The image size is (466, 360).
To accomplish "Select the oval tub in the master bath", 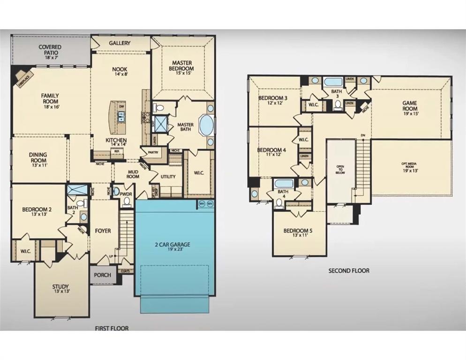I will pos(206,125).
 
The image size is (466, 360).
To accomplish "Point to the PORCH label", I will pos(103,275).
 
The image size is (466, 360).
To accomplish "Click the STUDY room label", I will pos(60,286).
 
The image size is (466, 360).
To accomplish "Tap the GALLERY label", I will pos(120,43).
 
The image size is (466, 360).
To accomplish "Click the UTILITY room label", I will pos(168,177).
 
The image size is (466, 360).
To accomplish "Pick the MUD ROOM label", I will pos(133,174).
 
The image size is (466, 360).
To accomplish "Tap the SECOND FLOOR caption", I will pos(348,270).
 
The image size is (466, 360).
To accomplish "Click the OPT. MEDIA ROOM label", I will pos(410,167).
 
